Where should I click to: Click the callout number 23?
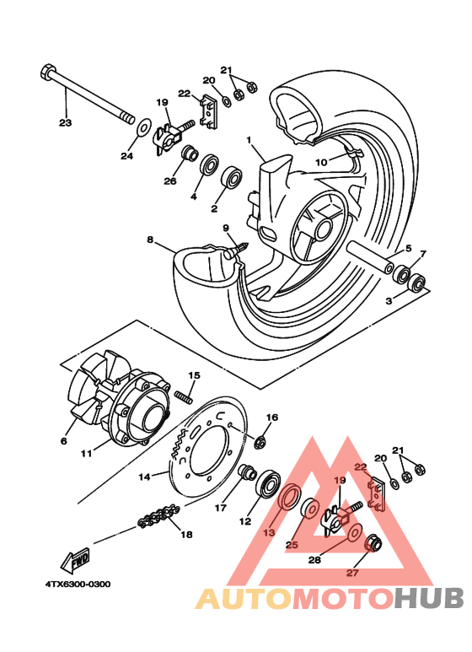(65, 123)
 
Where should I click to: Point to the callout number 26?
(170, 181)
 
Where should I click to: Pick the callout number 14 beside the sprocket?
(144, 477)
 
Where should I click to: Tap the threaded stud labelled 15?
(185, 394)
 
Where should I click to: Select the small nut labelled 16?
(261, 441)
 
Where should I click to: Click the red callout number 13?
(269, 533)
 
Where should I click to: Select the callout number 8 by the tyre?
(150, 240)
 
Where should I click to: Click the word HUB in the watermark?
(430, 598)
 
